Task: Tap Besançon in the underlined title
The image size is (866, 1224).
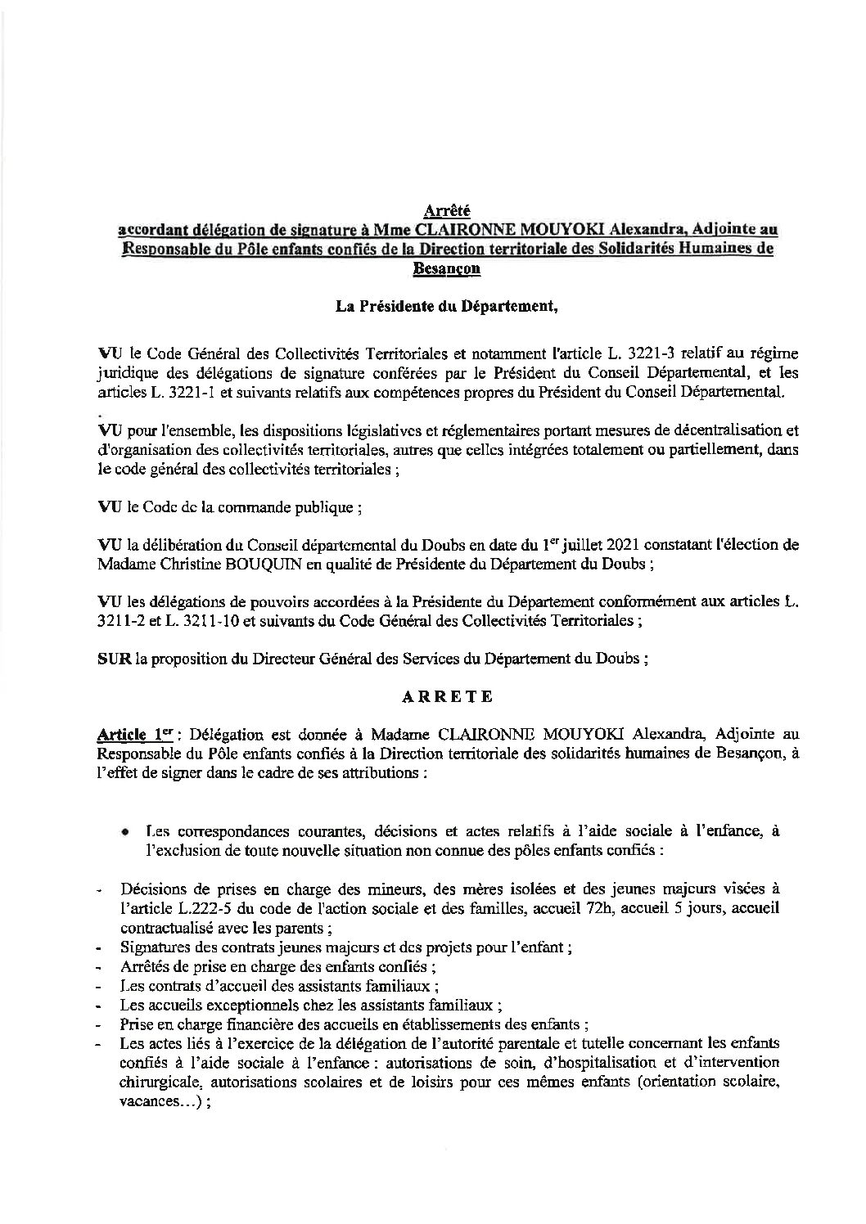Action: pyautogui.click(x=447, y=267)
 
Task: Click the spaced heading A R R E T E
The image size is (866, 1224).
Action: pyautogui.click(x=447, y=698)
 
